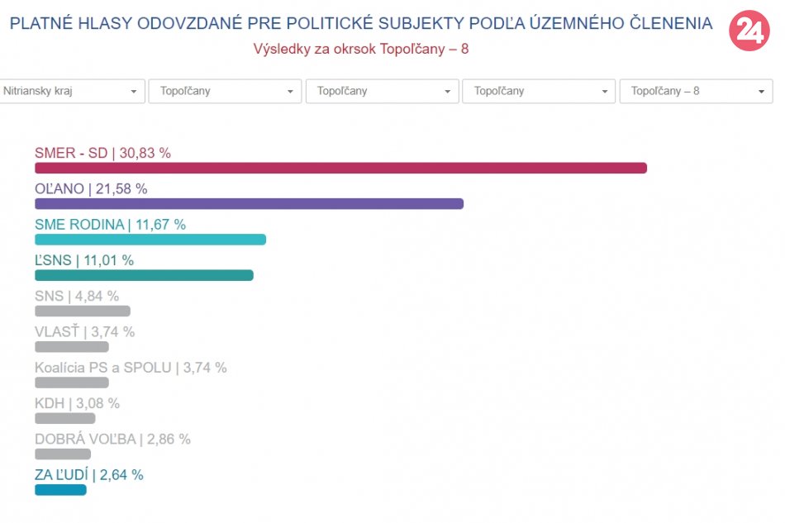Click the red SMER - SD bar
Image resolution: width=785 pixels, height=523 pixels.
click(x=340, y=169)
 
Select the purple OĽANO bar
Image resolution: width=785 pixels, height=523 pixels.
click(x=249, y=204)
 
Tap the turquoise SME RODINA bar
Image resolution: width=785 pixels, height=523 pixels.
click(x=150, y=240)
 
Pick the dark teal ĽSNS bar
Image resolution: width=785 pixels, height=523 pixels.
click(x=144, y=275)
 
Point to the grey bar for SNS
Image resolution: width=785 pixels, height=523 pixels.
click(x=83, y=311)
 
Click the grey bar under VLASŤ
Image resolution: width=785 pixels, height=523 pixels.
click(x=72, y=347)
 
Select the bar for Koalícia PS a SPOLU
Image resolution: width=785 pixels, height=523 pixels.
click(x=72, y=383)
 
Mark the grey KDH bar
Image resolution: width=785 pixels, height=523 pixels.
click(x=65, y=418)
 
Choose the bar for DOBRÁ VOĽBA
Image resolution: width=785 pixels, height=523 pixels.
click(x=63, y=454)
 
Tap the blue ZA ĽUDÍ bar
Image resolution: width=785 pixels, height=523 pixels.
click(x=60, y=490)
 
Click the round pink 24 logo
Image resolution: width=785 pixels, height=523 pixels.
click(x=749, y=31)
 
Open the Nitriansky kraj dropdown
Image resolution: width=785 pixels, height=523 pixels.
click(x=72, y=91)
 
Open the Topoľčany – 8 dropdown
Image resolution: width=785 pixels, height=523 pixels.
click(x=696, y=91)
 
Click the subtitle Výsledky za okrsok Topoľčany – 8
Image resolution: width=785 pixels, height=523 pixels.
click(x=361, y=49)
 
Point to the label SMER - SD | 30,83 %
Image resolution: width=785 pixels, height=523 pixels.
click(x=102, y=153)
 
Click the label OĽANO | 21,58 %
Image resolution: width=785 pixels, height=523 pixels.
click(x=91, y=188)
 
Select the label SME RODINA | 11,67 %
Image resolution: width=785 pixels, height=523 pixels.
click(x=110, y=225)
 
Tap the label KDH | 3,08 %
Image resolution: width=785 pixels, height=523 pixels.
click(x=77, y=403)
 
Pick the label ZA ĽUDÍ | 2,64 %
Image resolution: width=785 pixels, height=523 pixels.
click(x=88, y=475)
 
